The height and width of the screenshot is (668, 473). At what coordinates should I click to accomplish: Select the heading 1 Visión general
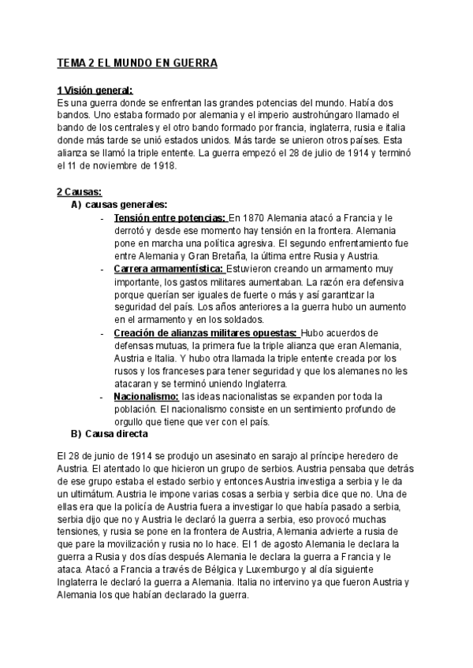[x=95, y=91]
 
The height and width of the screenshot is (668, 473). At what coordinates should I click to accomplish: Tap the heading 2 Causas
[x=79, y=191]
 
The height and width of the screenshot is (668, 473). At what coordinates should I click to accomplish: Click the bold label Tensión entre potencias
[x=169, y=217]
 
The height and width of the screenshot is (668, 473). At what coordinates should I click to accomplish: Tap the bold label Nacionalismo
[x=147, y=395]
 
